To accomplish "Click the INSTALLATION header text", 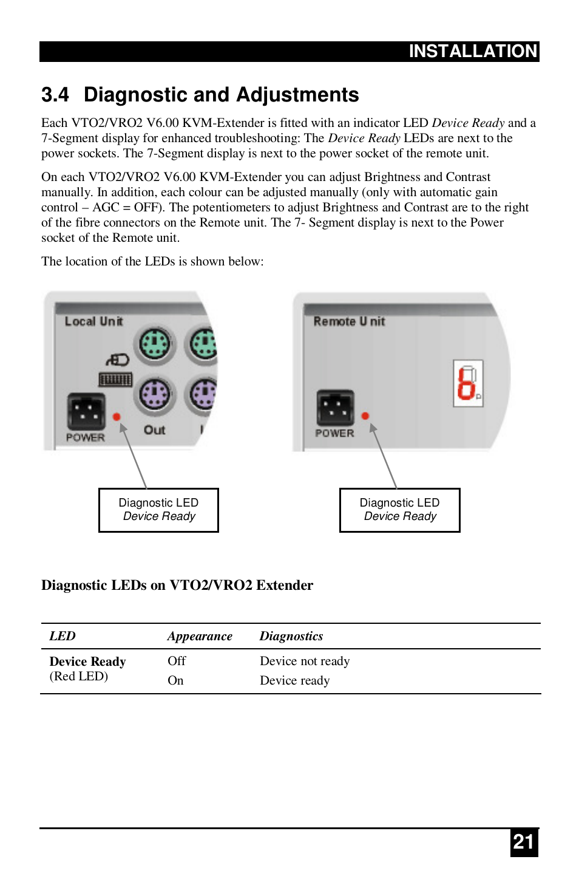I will [x=473, y=51].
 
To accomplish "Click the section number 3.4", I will [x=55, y=95].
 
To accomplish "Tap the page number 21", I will [x=523, y=842].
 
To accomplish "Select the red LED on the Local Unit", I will [x=117, y=417].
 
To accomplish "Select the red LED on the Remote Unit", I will [x=365, y=416].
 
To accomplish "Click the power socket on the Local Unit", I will [x=86, y=411].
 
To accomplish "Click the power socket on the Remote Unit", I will [x=335, y=408].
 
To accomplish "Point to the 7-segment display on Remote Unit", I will [x=468, y=383].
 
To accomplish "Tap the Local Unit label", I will [x=93, y=321].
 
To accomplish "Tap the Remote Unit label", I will [x=349, y=321].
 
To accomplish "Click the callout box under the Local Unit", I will [x=158, y=510].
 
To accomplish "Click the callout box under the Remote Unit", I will [x=399, y=510].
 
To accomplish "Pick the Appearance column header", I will [x=200, y=636].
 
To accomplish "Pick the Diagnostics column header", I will [x=291, y=636].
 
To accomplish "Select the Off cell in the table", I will [x=177, y=661].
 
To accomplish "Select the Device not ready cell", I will [x=305, y=661].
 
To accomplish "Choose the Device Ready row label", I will [x=87, y=662].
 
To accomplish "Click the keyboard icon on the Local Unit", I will [x=115, y=380].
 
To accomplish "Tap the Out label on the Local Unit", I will [x=154, y=430].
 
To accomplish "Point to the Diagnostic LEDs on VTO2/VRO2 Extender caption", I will [x=177, y=585].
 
